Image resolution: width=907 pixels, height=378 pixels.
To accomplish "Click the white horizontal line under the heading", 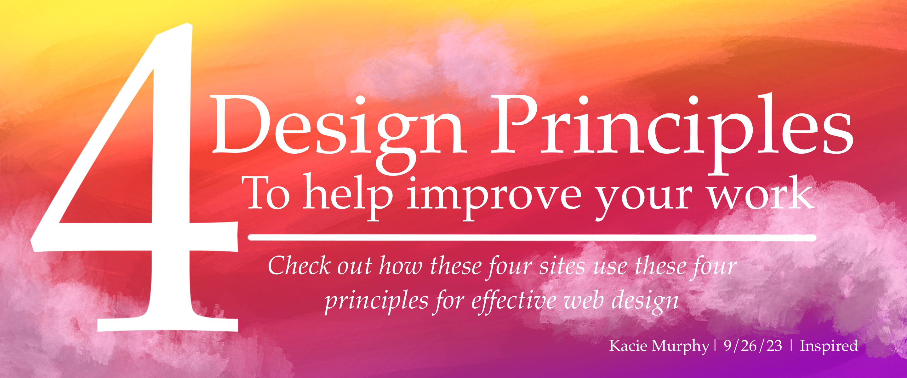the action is (x=532, y=238).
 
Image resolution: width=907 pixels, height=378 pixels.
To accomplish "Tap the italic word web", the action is (x=585, y=301).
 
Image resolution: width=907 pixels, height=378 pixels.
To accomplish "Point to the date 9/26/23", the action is (x=753, y=346).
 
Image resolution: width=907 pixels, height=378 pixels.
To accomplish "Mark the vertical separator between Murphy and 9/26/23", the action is (x=715, y=346).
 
